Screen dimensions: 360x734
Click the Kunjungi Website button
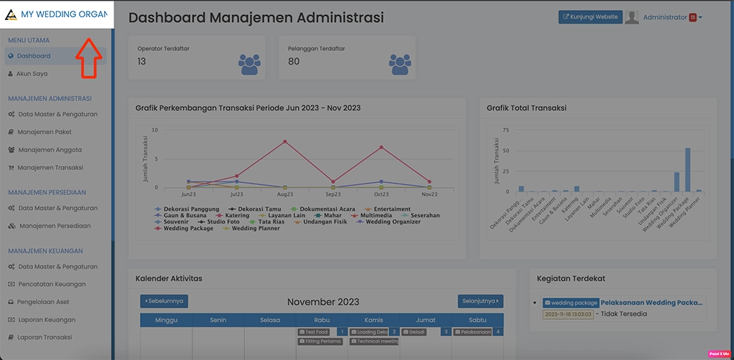590,17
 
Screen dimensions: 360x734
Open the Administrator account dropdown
672,17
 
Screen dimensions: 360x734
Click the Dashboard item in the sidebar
34,56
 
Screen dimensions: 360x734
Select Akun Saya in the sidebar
32,74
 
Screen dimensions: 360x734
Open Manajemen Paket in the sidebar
44,132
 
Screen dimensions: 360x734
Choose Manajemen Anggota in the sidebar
49,150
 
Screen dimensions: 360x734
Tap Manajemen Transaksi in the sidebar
50,168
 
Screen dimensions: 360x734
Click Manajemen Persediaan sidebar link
54,226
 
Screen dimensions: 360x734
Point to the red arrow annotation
87,57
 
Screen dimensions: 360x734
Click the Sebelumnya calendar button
164,301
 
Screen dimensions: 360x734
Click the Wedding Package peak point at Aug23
285,141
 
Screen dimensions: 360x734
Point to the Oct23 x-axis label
381,194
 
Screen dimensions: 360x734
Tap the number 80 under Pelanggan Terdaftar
294,62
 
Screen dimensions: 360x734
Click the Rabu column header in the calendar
322,320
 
